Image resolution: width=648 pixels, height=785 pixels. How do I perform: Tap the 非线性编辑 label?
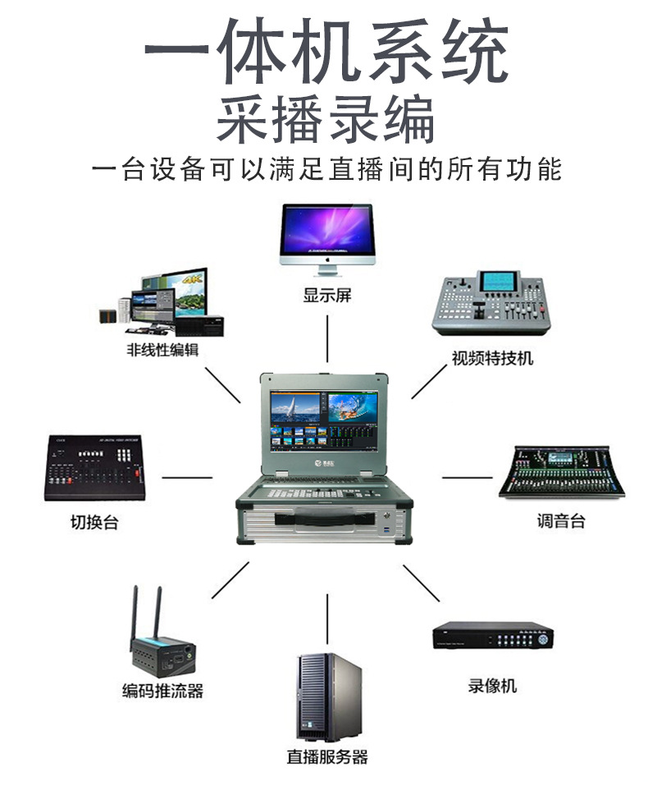(x=162, y=350)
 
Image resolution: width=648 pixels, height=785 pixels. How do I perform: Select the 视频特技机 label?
(x=492, y=358)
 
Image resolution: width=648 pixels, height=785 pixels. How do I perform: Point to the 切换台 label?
(x=94, y=521)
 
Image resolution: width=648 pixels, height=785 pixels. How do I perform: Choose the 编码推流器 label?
(x=162, y=690)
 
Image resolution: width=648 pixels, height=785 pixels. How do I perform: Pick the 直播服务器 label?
(x=326, y=757)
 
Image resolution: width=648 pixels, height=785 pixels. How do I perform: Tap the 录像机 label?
(x=492, y=686)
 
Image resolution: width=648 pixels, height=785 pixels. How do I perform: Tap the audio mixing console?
(x=563, y=471)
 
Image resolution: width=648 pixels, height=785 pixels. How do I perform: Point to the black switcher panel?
(x=95, y=468)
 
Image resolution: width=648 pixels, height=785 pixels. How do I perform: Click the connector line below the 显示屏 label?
(x=327, y=337)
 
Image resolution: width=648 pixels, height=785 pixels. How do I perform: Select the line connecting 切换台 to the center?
(x=187, y=477)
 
